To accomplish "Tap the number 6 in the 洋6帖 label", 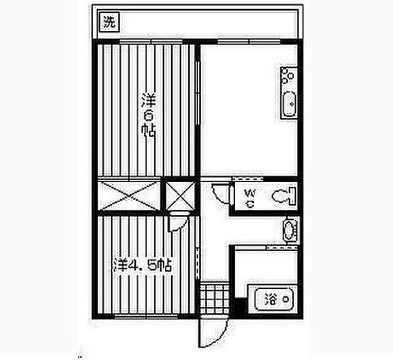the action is (x=149, y=116).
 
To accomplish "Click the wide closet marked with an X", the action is (x=130, y=196).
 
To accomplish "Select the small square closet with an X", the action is (x=180, y=196).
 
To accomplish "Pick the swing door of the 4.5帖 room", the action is (x=179, y=221).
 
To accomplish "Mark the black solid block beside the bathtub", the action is (x=240, y=307).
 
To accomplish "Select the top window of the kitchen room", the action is (x=241, y=42).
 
